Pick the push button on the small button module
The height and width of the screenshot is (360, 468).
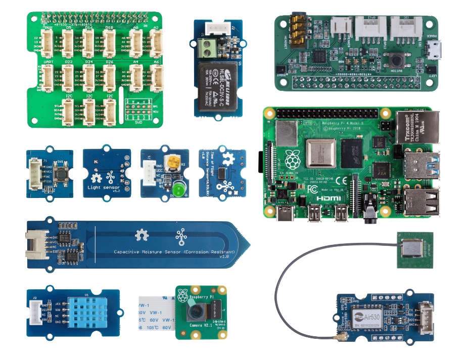point(59,174)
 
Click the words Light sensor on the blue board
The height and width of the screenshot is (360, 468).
point(103,187)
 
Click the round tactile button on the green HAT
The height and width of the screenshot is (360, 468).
point(397,62)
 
